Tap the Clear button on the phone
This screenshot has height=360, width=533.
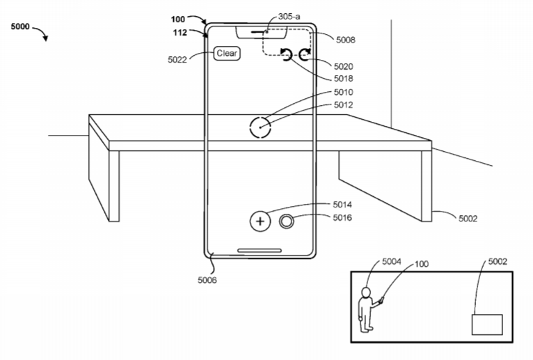tap(227, 54)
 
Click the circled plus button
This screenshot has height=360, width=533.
tap(260, 221)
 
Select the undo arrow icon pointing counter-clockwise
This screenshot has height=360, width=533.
tap(286, 54)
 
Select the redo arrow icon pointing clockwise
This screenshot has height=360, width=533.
tap(305, 54)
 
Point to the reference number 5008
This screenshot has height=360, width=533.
tap(346, 40)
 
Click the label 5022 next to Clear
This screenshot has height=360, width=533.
tap(177, 60)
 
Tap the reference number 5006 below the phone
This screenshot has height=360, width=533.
tap(207, 280)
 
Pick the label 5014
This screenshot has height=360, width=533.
tap(342, 205)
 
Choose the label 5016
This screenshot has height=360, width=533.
tap(342, 217)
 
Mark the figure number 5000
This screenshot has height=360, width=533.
tap(20, 26)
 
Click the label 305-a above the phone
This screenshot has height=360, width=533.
tap(289, 16)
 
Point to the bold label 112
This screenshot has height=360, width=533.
tap(180, 33)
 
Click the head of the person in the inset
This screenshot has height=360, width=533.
tap(366, 292)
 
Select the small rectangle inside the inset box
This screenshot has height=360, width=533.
tap(487, 324)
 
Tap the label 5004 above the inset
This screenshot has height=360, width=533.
tap(392, 261)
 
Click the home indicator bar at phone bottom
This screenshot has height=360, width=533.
tap(260, 251)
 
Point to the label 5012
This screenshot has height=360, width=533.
tap(343, 105)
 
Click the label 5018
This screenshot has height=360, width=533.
tap(343, 79)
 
